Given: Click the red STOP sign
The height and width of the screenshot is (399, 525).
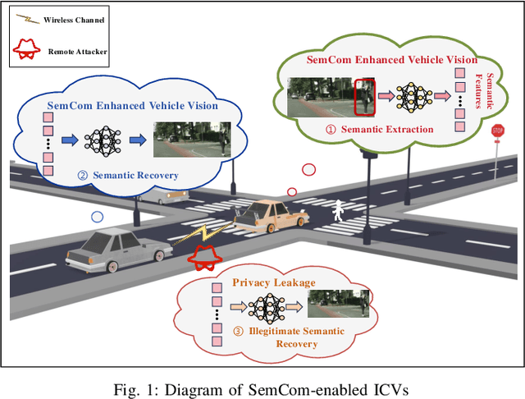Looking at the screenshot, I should tap(497, 131).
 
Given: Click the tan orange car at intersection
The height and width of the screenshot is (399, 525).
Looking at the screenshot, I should tap(270, 217).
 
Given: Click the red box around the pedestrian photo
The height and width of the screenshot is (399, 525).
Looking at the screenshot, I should tap(363, 97).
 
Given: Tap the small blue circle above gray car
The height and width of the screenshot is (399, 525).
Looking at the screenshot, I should tap(98, 218).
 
